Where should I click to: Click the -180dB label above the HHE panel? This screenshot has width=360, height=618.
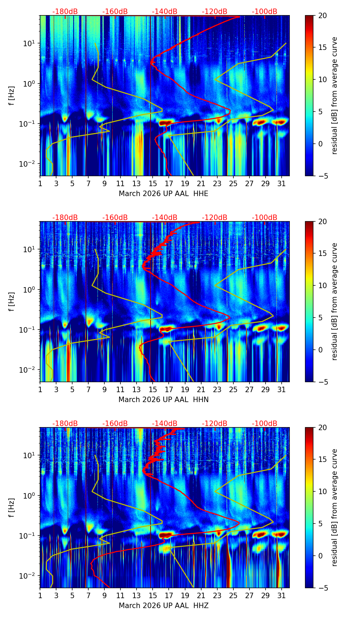(x=65, y=12)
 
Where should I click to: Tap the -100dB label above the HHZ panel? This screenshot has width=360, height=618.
(x=265, y=424)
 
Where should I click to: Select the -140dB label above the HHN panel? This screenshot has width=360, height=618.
(x=165, y=218)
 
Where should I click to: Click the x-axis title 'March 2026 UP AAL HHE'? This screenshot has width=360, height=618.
(x=163, y=194)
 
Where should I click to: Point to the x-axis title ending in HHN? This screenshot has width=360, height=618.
(x=163, y=400)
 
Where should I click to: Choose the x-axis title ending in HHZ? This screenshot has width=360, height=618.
(x=163, y=606)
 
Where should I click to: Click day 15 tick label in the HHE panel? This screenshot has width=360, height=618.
(x=153, y=183)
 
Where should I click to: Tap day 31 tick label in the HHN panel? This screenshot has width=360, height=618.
(x=281, y=389)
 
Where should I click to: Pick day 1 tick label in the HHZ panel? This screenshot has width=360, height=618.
(x=40, y=595)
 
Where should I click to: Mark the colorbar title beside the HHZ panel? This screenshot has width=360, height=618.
(x=335, y=507)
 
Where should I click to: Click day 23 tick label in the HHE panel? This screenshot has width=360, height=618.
(x=217, y=183)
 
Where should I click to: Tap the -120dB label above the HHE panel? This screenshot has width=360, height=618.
(x=215, y=12)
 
